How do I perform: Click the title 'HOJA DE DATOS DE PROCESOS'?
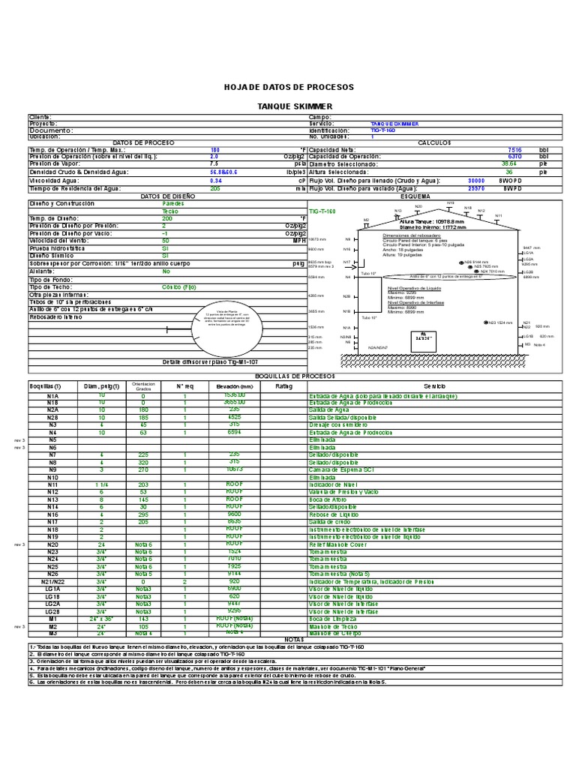[x=289, y=88]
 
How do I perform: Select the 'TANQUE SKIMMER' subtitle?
[x=289, y=107]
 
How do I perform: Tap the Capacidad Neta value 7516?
[x=514, y=149]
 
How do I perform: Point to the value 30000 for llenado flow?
[x=475, y=181]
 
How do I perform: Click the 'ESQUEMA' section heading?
[x=415, y=196]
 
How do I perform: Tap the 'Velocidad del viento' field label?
[x=57, y=241]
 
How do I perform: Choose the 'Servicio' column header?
[x=433, y=385]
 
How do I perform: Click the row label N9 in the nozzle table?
[x=52, y=469]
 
